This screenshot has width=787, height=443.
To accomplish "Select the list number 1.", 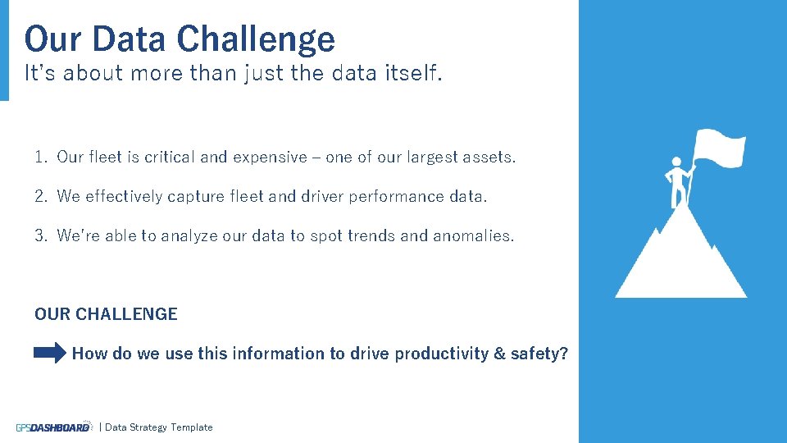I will pos(40,157).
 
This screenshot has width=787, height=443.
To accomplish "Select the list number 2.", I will pos(40,196).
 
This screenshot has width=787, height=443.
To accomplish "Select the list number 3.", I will pos(40,235).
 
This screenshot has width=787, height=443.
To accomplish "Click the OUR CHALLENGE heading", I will pos(106,314).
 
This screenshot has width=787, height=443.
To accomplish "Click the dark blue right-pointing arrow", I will pos(50,354).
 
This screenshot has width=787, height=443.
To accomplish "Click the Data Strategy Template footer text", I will pos(158,427).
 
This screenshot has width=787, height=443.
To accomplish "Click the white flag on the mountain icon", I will pos(719,148).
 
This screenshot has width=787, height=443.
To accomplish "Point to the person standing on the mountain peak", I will pos(678,182).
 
